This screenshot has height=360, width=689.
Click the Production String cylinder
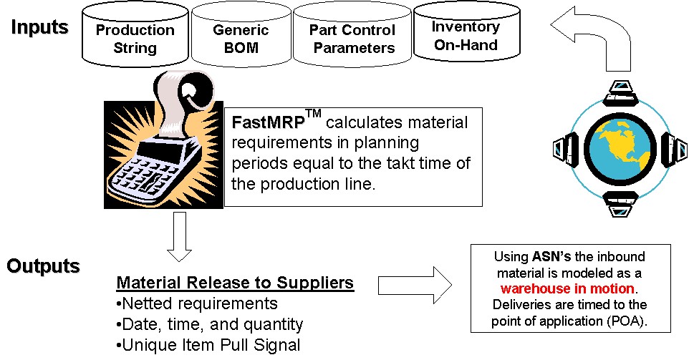point(135,36)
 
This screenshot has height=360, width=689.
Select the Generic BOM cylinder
point(241,36)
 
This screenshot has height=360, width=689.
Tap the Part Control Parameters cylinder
point(352,36)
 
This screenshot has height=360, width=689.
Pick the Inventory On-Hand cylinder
point(467,34)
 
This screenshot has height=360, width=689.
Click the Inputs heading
point(39,27)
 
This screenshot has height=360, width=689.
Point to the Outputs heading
point(43,266)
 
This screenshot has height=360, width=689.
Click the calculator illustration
point(163,140)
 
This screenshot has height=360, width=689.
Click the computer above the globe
point(619,94)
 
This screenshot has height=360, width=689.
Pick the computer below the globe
point(620,203)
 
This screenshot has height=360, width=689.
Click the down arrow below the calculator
point(179,237)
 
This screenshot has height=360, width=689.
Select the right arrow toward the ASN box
point(415,286)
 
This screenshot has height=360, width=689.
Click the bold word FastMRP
point(268,122)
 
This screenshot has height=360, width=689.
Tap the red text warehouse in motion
point(567,288)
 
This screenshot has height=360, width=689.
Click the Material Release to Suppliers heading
point(235,282)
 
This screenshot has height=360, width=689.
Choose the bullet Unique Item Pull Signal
point(208,345)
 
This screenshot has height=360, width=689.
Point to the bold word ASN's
point(551,256)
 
